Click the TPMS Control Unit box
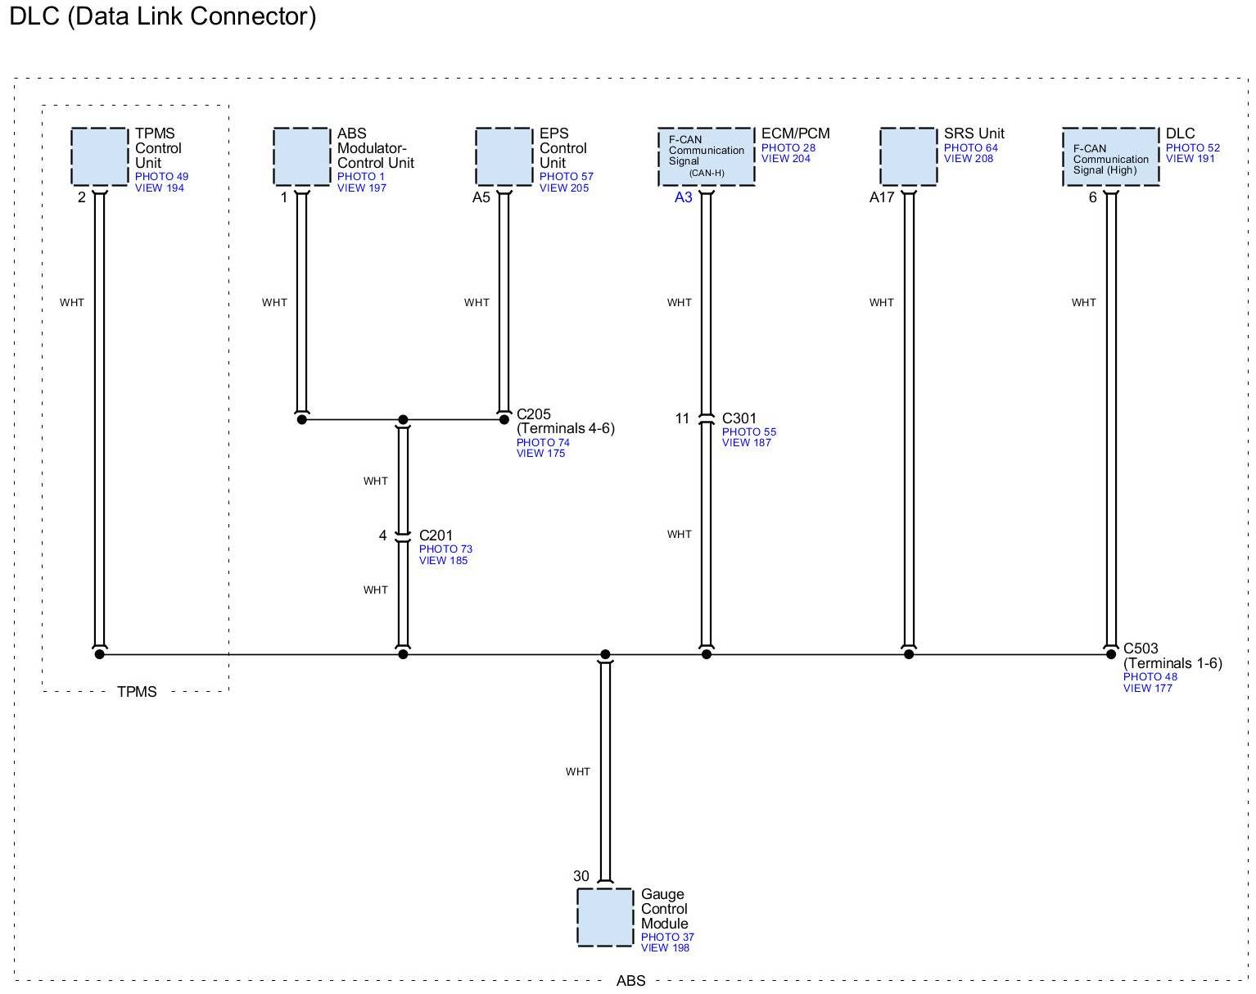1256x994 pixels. coord(99,156)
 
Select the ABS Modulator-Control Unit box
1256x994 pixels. coord(301,156)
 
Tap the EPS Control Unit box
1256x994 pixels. coord(504,156)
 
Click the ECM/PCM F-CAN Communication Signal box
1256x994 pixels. coord(706,156)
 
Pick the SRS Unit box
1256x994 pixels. coord(908,156)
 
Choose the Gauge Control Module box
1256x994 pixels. coord(605,917)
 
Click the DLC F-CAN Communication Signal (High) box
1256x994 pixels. coord(1110,156)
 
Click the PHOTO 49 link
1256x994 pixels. coord(161,177)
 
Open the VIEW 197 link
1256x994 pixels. coord(361,188)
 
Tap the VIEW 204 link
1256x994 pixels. coord(785,159)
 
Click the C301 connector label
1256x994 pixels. coord(739,418)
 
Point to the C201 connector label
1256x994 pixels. coord(436,535)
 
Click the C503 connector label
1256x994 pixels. coord(1141,648)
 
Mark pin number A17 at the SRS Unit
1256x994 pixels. coord(881,197)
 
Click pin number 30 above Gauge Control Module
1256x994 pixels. coord(581,876)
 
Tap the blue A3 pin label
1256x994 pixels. coord(683,197)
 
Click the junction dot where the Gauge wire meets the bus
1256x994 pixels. coord(605,654)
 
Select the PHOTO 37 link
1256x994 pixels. coord(666,937)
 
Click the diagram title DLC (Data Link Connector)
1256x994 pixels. coord(162,16)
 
